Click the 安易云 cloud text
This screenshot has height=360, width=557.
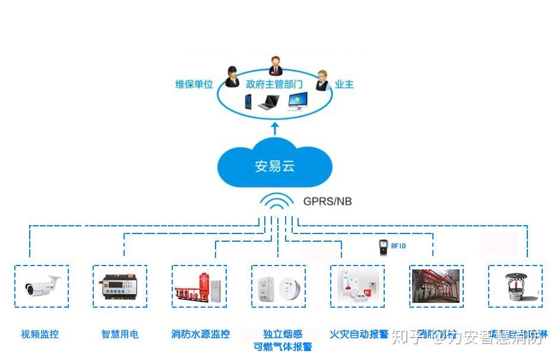click(x=274, y=166)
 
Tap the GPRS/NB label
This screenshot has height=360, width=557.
click(x=327, y=201)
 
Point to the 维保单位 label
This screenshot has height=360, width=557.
click(x=194, y=84)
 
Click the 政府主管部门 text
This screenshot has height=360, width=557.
click(x=274, y=84)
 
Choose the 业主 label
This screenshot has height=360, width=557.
click(x=344, y=84)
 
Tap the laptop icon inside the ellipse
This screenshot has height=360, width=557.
click(x=269, y=103)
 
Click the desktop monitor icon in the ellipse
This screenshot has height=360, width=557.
click(x=298, y=102)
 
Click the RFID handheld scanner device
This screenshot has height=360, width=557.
click(x=383, y=247)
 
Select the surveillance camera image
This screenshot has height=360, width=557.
click(x=42, y=286)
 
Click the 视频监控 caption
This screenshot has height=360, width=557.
click(x=40, y=334)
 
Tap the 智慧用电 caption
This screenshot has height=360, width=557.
click(x=120, y=334)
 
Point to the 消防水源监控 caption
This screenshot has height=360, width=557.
click(x=200, y=334)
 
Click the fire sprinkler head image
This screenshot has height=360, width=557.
click(x=514, y=286)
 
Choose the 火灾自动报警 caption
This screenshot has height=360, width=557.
click(x=359, y=334)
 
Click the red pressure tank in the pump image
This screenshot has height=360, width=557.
click(x=204, y=285)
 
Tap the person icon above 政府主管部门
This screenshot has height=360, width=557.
click(x=276, y=64)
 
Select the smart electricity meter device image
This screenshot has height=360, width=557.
click(x=120, y=287)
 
